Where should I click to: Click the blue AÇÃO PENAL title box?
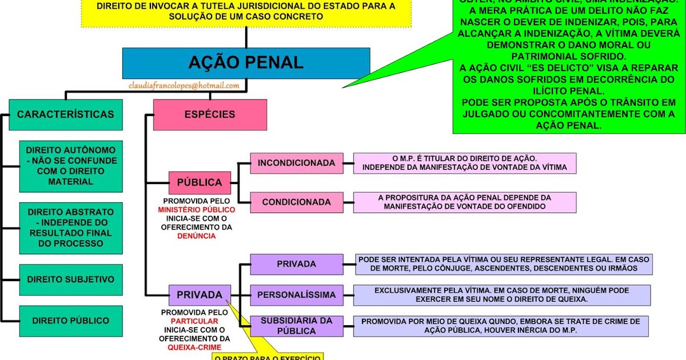246,63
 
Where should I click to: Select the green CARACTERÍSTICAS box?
65,114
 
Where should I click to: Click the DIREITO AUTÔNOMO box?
71,166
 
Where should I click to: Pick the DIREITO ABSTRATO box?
71,227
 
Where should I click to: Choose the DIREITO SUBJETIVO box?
71,279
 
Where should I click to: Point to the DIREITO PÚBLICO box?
71,321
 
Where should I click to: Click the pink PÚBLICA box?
200,183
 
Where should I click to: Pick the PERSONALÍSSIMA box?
296,295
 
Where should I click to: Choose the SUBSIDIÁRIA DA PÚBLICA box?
296,326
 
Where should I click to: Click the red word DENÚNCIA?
197,235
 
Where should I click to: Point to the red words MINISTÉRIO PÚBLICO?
197,210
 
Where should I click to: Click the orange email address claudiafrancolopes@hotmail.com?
184,85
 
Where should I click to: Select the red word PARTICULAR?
194,321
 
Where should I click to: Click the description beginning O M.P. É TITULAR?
464,163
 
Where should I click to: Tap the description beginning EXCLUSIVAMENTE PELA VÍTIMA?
501,294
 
